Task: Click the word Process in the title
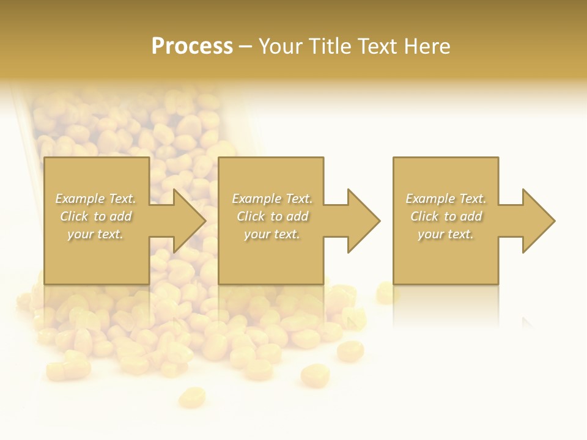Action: [192, 46]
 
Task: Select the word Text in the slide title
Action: [375, 46]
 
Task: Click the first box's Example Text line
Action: [95, 199]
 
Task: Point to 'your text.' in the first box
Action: [95, 234]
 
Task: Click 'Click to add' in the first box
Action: [95, 216]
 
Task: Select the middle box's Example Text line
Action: [271, 199]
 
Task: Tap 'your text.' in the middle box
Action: [271, 234]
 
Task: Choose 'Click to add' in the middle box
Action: [271, 216]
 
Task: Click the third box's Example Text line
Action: [446, 199]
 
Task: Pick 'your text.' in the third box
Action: [446, 234]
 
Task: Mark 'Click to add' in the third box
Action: [446, 216]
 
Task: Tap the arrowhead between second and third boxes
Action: [363, 221]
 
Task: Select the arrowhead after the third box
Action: [537, 221]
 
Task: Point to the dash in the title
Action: [245, 46]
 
